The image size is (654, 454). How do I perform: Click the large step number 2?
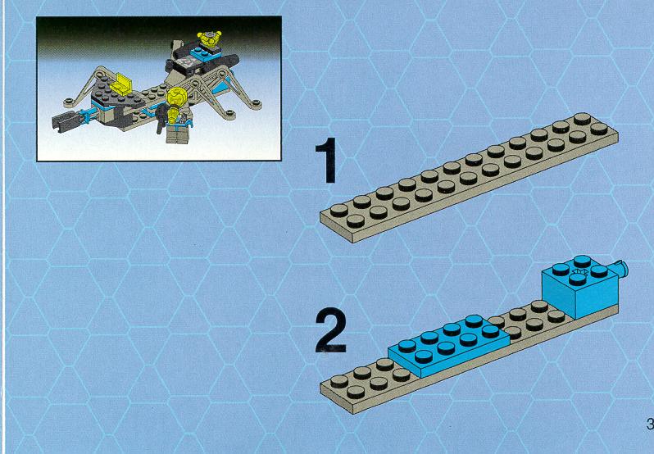[331, 330]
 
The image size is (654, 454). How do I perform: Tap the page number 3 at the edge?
[650, 424]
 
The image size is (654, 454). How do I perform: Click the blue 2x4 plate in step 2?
[449, 345]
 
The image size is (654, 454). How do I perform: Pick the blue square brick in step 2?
[579, 288]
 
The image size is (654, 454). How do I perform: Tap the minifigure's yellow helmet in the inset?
[176, 98]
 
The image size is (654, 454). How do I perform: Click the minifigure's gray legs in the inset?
[177, 134]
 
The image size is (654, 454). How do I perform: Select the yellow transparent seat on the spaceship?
[121, 84]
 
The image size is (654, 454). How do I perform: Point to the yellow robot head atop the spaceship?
[209, 39]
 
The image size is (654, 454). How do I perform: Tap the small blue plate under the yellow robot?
[202, 54]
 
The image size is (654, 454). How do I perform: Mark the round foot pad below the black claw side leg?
[69, 102]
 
